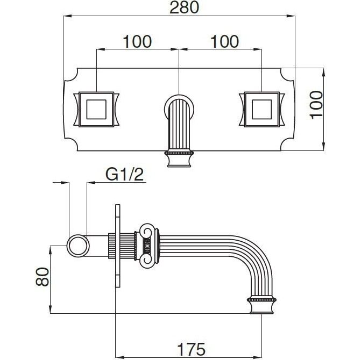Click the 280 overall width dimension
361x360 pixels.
click(184, 8)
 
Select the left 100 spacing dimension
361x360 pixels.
click(137, 41)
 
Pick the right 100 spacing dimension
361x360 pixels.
click(225, 41)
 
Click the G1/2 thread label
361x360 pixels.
click(125, 174)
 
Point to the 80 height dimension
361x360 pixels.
click(43, 277)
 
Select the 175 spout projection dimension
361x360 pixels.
click(191, 349)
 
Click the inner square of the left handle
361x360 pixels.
click(96, 110)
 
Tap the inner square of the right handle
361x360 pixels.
click(262, 110)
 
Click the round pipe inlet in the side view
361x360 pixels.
click(78, 246)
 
